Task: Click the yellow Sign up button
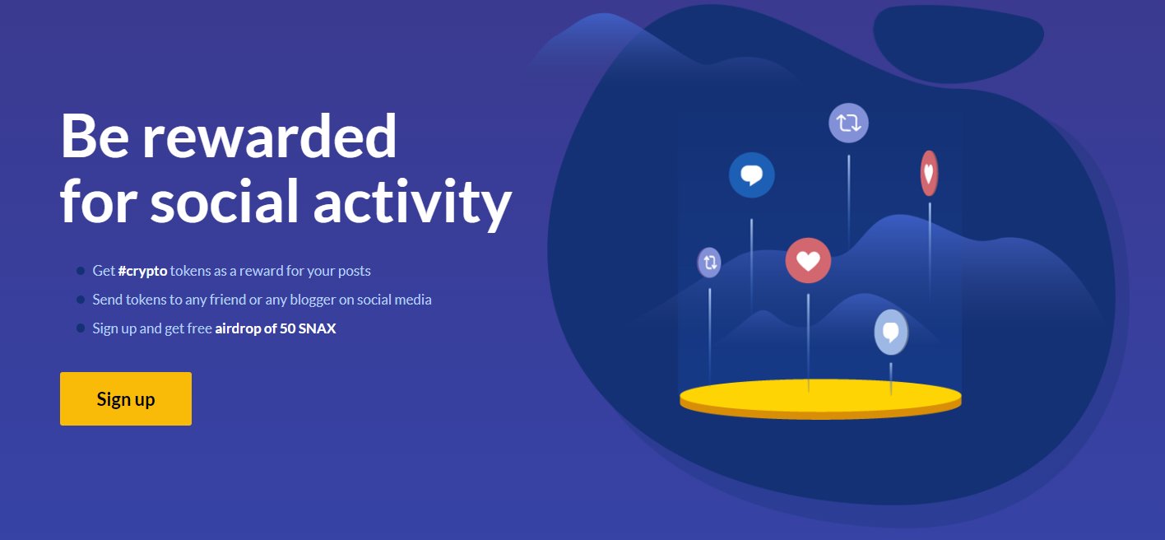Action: [x=126, y=398]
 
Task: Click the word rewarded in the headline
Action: [x=269, y=137]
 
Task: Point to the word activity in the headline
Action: [x=412, y=202]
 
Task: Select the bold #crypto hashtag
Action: [x=142, y=271]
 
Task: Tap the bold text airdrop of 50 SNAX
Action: [x=275, y=328]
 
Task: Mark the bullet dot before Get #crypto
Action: [x=81, y=271]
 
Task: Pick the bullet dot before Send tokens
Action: [x=81, y=299]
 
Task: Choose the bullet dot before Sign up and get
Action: [x=81, y=328]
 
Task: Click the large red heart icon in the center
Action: [x=808, y=261]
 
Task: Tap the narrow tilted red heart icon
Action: [x=930, y=173]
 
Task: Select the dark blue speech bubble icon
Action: [x=751, y=175]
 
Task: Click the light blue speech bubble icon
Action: [x=891, y=333]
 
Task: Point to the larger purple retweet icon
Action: [x=849, y=123]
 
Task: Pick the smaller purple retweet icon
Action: [x=709, y=263]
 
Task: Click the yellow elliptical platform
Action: [x=821, y=399]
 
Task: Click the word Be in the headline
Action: [x=95, y=137]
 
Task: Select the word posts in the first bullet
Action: [x=354, y=272]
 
